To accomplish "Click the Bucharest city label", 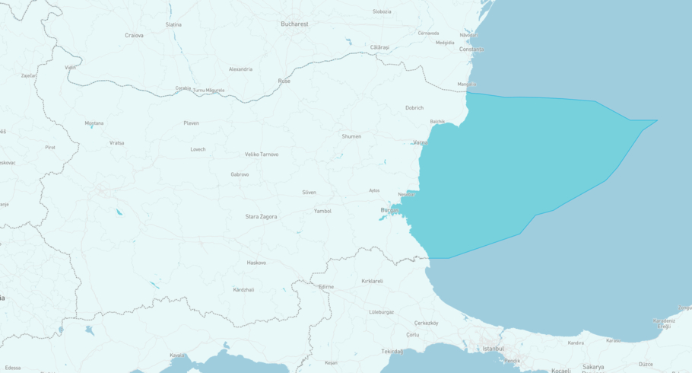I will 294,24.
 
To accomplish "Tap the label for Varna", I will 421,142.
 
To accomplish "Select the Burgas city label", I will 389,210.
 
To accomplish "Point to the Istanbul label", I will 493,349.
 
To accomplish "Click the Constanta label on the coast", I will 471,49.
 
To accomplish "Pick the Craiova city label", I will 134,35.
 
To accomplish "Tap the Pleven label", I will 191,123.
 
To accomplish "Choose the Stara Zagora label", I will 261,217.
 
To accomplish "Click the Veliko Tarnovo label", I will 262,155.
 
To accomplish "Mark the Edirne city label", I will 325,287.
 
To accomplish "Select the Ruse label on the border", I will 284,81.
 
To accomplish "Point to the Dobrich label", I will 414,108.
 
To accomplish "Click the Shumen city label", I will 351,136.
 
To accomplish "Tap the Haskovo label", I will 256,263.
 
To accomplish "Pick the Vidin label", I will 70,68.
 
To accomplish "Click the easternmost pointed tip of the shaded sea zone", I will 658,120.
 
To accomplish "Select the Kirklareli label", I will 372,281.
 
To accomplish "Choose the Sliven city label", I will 309,193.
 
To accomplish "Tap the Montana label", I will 94,123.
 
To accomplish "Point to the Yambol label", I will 322,211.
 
